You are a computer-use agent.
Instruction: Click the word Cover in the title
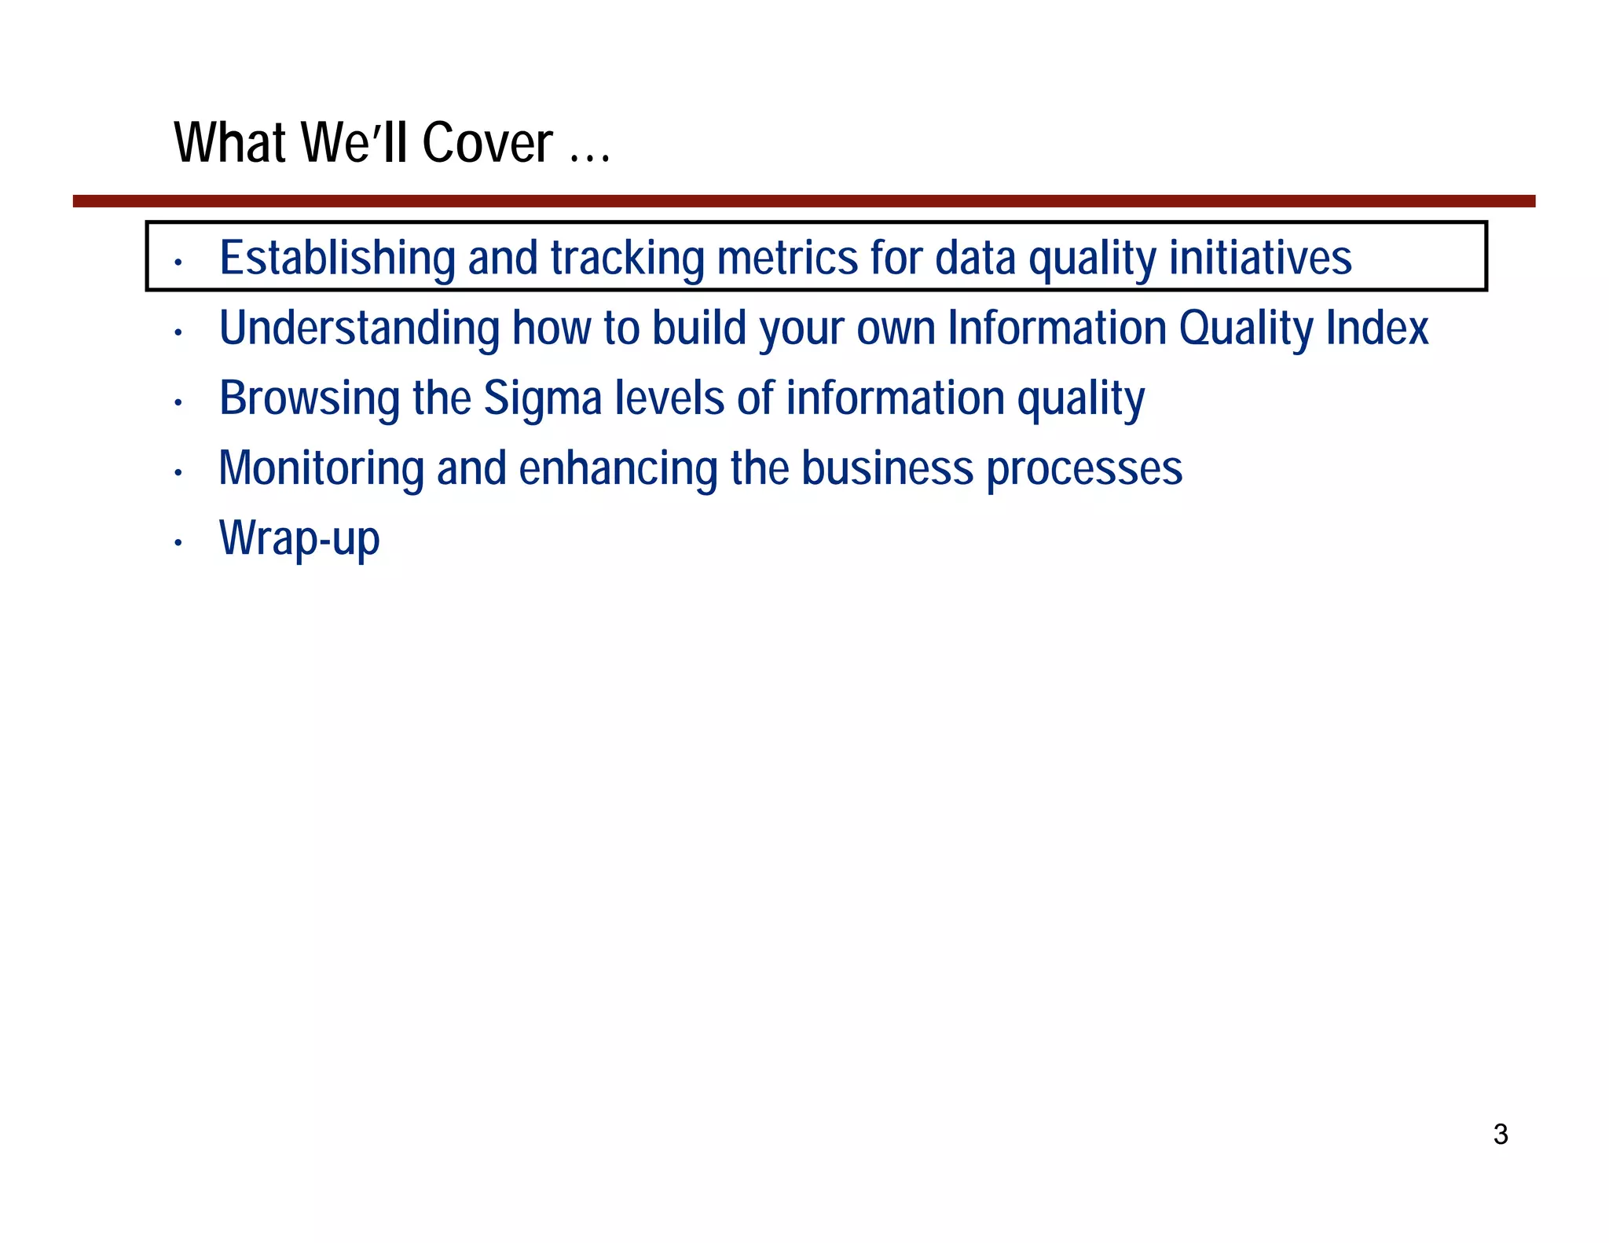click(x=487, y=143)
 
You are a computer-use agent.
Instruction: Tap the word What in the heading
click(x=229, y=143)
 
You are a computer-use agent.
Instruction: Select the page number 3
click(x=1500, y=1135)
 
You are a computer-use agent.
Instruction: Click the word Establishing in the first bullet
click(x=337, y=258)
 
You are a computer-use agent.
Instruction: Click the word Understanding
click(x=359, y=328)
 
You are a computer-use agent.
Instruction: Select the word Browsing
click(x=309, y=398)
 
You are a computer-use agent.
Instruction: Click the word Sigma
click(x=542, y=398)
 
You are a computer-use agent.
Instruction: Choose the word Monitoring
click(x=321, y=468)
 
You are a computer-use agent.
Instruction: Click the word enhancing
click(x=618, y=468)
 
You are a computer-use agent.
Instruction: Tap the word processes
click(x=1084, y=468)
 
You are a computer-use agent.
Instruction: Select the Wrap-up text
click(x=299, y=538)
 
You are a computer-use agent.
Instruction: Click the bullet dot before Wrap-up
click(x=178, y=543)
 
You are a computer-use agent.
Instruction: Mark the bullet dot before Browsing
click(x=178, y=403)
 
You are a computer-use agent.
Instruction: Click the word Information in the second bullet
click(x=1057, y=328)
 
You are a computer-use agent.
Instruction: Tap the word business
click(x=887, y=468)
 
